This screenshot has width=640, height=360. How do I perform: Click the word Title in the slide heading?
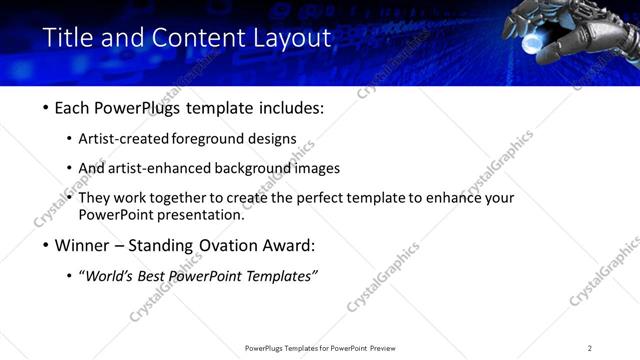tap(67, 38)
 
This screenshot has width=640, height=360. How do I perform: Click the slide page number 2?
tap(589, 348)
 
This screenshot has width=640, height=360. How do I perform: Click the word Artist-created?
tap(126, 139)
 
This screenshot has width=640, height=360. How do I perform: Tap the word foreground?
tap(213, 139)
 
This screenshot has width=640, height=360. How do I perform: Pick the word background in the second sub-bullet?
tap(253, 168)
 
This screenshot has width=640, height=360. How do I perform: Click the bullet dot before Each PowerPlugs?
tap(47, 108)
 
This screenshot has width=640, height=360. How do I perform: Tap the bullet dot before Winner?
tap(47, 245)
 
